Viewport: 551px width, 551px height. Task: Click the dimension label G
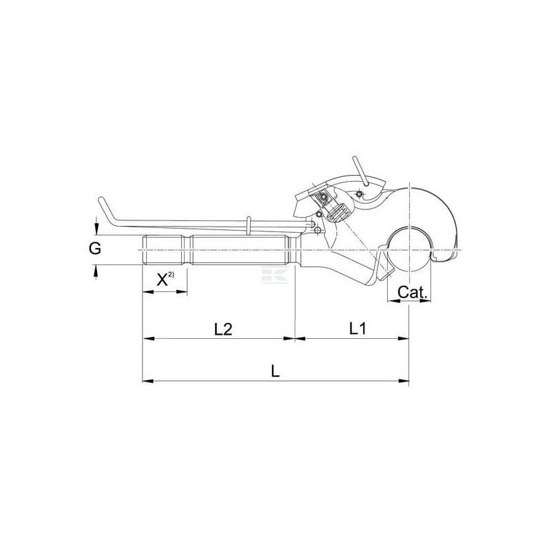[x=95, y=249]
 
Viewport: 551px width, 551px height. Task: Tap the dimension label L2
[x=223, y=329]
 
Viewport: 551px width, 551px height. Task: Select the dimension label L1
[x=357, y=329]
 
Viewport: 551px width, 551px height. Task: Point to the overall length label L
[x=275, y=371]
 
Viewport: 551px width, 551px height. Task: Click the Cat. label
[x=413, y=292]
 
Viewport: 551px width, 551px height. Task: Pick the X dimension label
[x=162, y=280]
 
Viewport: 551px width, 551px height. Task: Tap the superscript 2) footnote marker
[x=171, y=274]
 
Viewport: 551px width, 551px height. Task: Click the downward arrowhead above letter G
[x=96, y=230]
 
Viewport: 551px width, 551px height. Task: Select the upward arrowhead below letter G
[x=96, y=269]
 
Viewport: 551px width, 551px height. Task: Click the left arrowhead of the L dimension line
[x=147, y=381]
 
